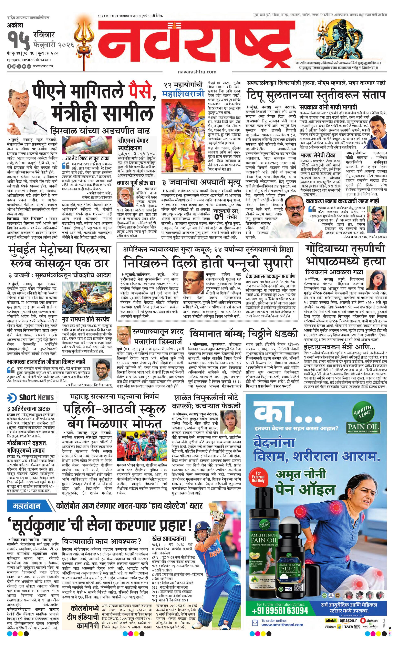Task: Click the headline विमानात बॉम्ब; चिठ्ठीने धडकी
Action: click(x=244, y=333)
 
